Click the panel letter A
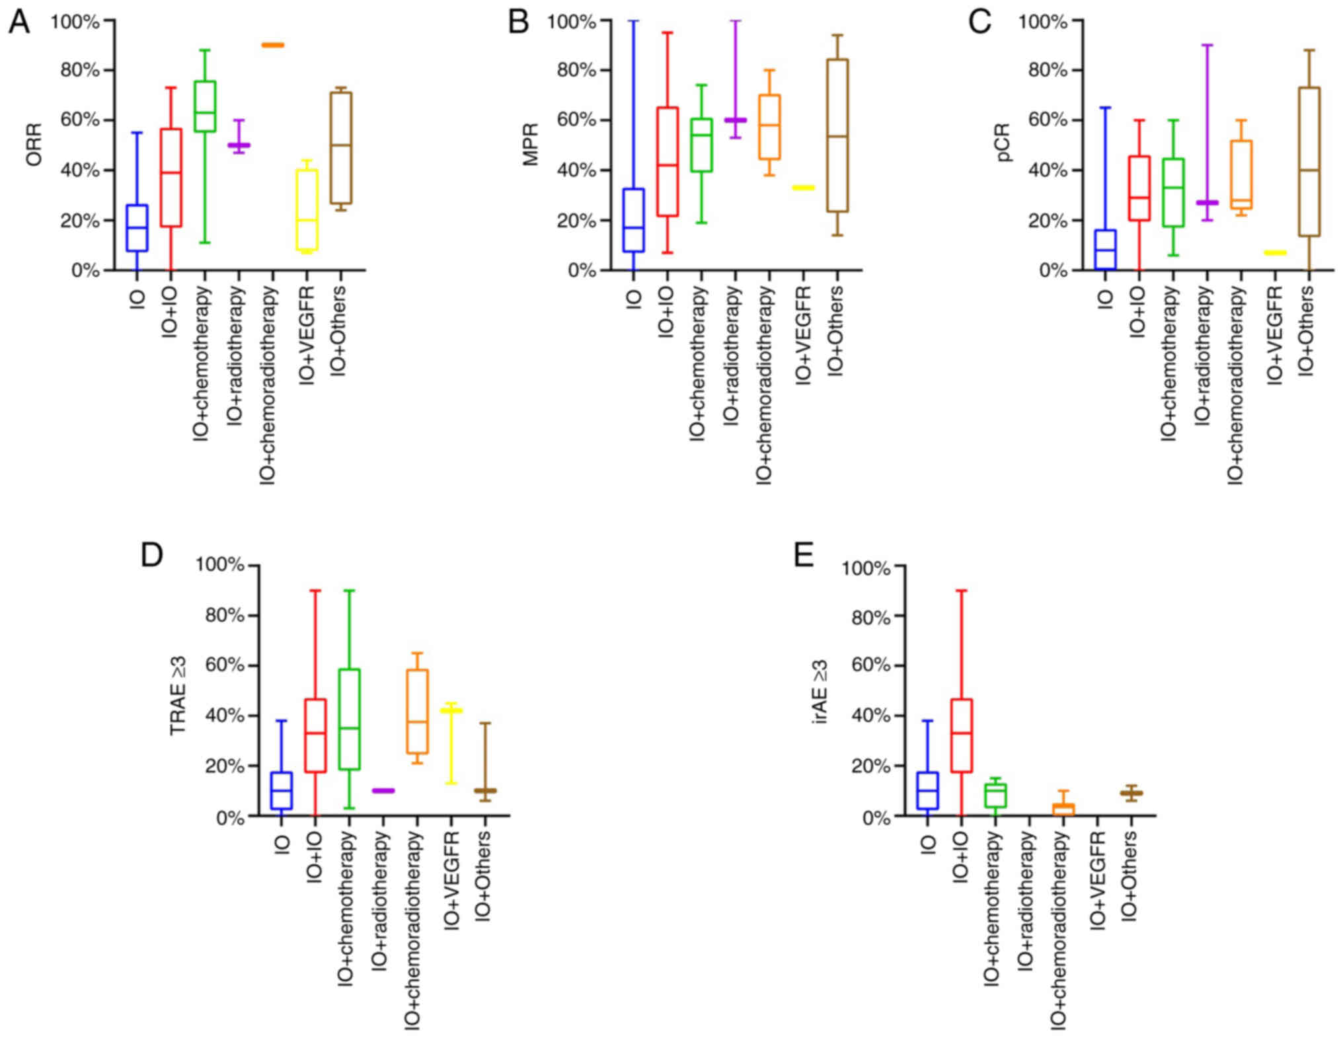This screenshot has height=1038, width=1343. (19, 22)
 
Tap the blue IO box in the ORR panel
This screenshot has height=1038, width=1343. (137, 228)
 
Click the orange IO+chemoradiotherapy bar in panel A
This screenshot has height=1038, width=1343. (272, 45)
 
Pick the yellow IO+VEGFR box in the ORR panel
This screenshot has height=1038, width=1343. (307, 210)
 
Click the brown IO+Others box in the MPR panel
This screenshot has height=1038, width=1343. (838, 135)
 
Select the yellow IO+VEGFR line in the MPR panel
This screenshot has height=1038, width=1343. (804, 188)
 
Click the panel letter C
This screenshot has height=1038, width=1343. (979, 22)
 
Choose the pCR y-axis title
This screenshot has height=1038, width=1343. (1003, 143)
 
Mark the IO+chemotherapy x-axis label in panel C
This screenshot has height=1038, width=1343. (1170, 364)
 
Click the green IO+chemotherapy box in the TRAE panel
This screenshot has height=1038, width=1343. (349, 720)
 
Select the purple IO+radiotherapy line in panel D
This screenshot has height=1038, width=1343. (383, 791)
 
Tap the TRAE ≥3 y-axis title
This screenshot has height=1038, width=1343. (178, 696)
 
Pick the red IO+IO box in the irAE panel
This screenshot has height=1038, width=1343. (962, 735)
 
